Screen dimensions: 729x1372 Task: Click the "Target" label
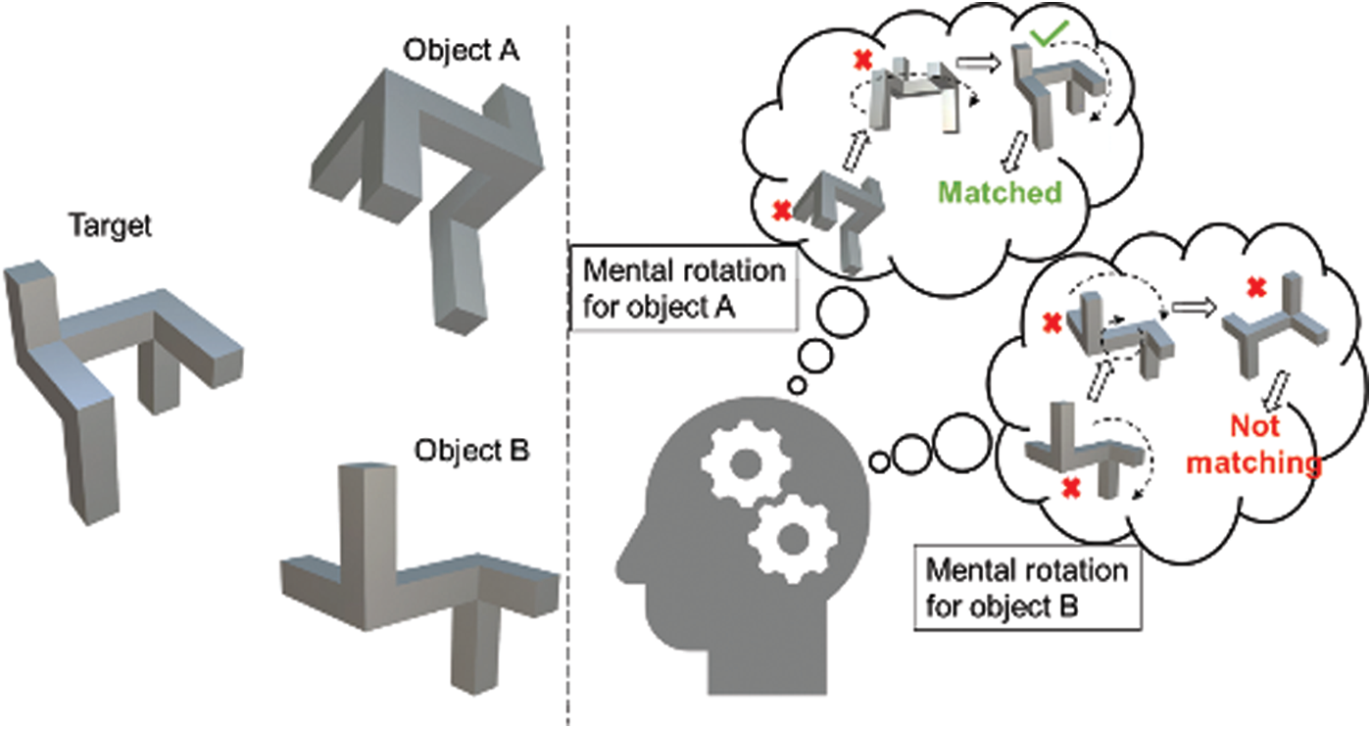click(110, 227)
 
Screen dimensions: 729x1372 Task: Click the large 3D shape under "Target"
click(118, 372)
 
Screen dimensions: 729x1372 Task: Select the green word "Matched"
click(1000, 191)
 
